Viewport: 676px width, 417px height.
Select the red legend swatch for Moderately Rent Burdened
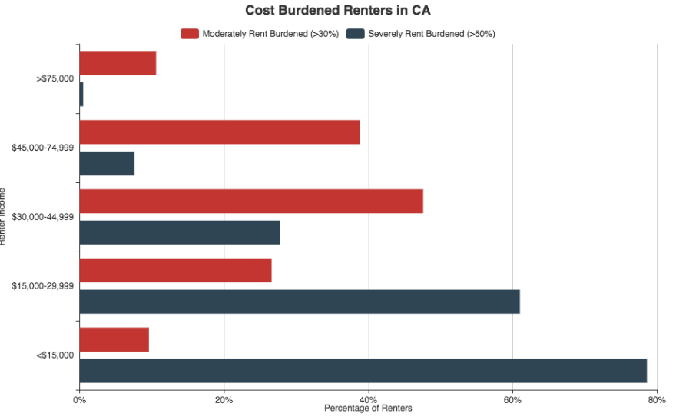click(190, 34)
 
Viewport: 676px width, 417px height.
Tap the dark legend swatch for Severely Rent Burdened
click(356, 34)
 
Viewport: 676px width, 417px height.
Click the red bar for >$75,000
click(118, 63)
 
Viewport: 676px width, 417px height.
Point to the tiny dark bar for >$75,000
click(81, 94)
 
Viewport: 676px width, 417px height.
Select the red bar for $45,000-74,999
click(219, 132)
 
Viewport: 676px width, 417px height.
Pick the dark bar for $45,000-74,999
click(107, 163)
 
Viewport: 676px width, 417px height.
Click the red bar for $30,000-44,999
click(251, 202)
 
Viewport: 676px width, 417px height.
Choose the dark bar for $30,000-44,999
click(180, 232)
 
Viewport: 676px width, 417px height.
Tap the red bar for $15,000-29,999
click(175, 271)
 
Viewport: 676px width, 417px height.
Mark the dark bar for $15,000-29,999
click(300, 302)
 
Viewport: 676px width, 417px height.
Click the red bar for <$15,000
click(114, 339)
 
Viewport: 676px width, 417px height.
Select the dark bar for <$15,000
click(363, 370)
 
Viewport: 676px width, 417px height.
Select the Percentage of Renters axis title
click(368, 409)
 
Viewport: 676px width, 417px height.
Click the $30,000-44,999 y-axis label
click(43, 217)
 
